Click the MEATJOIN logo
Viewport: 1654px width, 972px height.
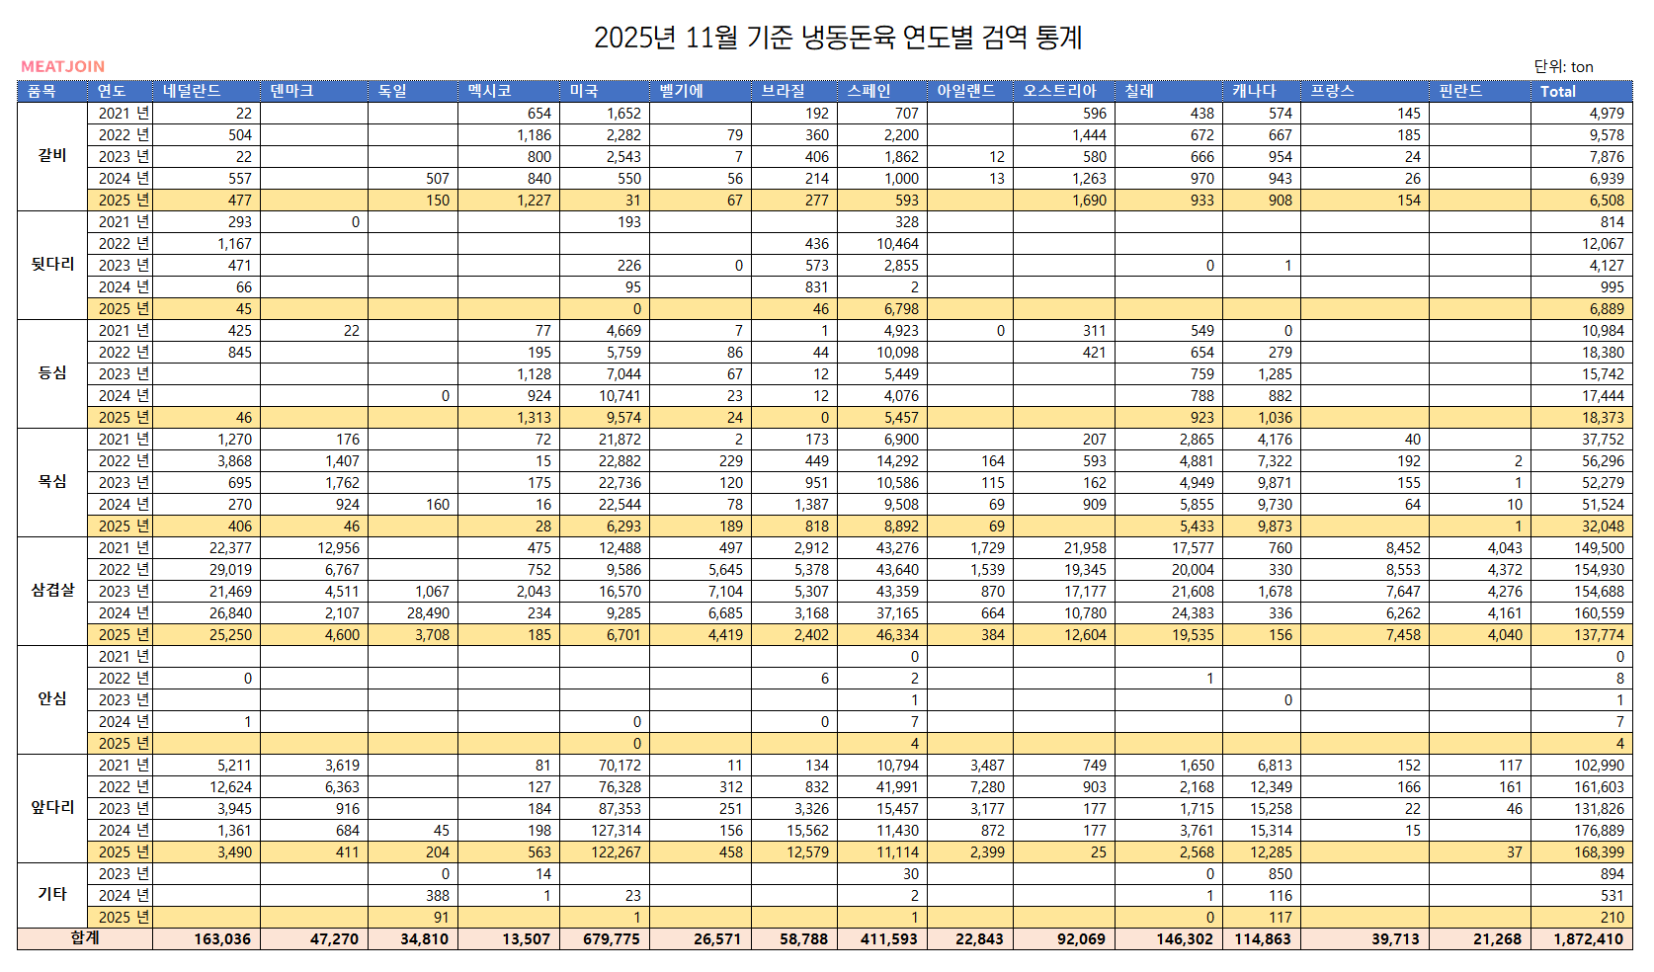[62, 66]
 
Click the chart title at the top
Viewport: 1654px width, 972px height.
[838, 38]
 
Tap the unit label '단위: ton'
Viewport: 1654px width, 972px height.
[1563, 66]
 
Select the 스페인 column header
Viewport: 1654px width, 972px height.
[869, 91]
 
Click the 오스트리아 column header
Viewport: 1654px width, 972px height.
[1059, 91]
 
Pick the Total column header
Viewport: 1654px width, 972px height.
[1558, 91]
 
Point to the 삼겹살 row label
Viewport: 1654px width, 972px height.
[52, 590]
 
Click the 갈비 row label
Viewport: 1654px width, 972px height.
[52, 155]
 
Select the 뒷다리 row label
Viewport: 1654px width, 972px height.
[52, 264]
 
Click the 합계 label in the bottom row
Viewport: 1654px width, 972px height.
[85, 937]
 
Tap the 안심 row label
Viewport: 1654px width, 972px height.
[52, 698]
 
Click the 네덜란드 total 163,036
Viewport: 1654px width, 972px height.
[222, 938]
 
